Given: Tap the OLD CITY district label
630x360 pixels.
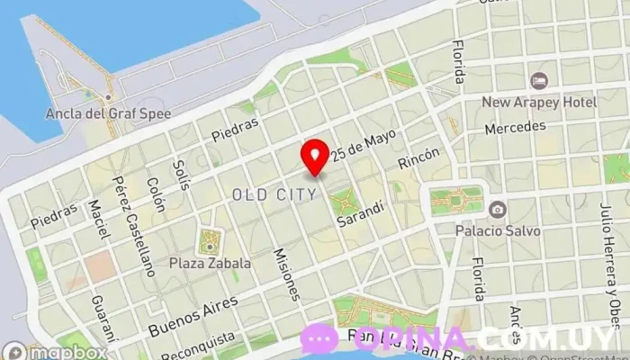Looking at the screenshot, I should tap(274, 193).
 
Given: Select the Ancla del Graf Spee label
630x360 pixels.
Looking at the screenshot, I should tap(108, 114).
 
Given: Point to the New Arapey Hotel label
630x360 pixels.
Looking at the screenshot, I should tap(539, 102).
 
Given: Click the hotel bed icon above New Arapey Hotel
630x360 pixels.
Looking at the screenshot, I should tap(539, 81).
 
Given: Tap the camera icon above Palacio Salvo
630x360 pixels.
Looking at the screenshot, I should tap(497, 209).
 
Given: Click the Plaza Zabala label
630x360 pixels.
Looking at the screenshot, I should tap(208, 264).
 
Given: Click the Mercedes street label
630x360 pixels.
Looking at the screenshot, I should tap(515, 129).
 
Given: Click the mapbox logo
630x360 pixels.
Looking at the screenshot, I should tap(56, 351).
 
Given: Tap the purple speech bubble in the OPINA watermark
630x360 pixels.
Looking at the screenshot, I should tap(319, 339).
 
